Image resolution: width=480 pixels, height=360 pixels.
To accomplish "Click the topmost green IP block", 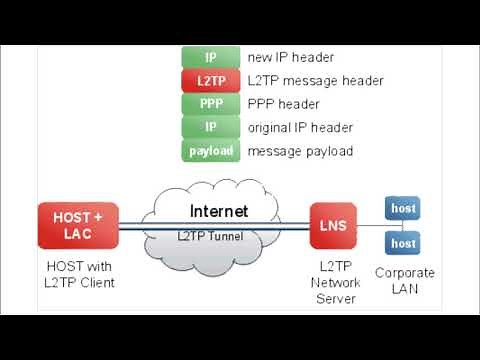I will [210, 57].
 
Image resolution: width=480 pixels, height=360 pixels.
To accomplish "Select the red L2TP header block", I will [210, 80].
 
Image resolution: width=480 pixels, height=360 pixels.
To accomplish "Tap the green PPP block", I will [210, 104].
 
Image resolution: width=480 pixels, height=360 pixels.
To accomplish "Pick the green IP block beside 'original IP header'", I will [210, 127].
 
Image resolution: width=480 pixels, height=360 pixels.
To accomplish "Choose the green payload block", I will [210, 151].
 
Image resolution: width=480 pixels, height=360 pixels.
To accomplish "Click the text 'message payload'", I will [300, 151].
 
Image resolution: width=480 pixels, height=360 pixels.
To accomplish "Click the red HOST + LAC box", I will [78, 225].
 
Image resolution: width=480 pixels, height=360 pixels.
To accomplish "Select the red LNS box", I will [333, 225].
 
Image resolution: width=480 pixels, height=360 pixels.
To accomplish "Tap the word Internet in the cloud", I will [219, 211].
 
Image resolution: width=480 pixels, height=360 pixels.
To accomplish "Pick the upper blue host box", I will [403, 208].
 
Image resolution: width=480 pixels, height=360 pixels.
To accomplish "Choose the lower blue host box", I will [403, 243].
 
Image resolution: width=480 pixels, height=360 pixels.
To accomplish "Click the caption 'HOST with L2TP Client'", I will [81, 275].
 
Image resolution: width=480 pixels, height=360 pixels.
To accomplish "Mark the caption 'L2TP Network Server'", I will [333, 283].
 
